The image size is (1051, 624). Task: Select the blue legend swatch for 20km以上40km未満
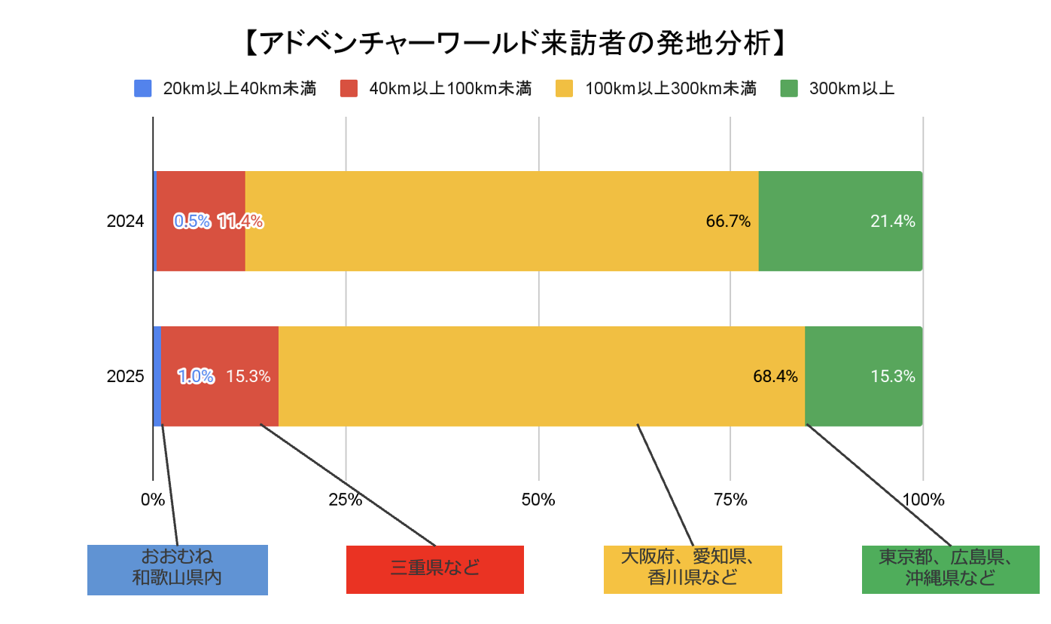coord(143,89)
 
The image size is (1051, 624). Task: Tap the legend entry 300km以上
coord(851,89)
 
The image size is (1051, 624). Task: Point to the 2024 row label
coord(126,222)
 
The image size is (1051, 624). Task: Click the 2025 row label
coord(126,377)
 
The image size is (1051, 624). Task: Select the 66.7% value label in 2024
coord(728,222)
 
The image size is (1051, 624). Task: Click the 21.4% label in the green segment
coord(892,222)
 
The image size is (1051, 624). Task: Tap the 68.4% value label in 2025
coord(775,377)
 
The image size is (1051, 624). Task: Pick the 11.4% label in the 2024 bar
coord(240,222)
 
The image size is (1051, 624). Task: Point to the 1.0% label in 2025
coord(196,377)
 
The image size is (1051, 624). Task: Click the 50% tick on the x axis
coord(538,500)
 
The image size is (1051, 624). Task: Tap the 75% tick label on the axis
coord(730,500)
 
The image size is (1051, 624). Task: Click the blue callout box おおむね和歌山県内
coord(178,569)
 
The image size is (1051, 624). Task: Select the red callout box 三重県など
coord(434,569)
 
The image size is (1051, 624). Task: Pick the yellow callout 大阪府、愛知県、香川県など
coord(693,569)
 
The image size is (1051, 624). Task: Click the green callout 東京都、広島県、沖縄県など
coord(950,569)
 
